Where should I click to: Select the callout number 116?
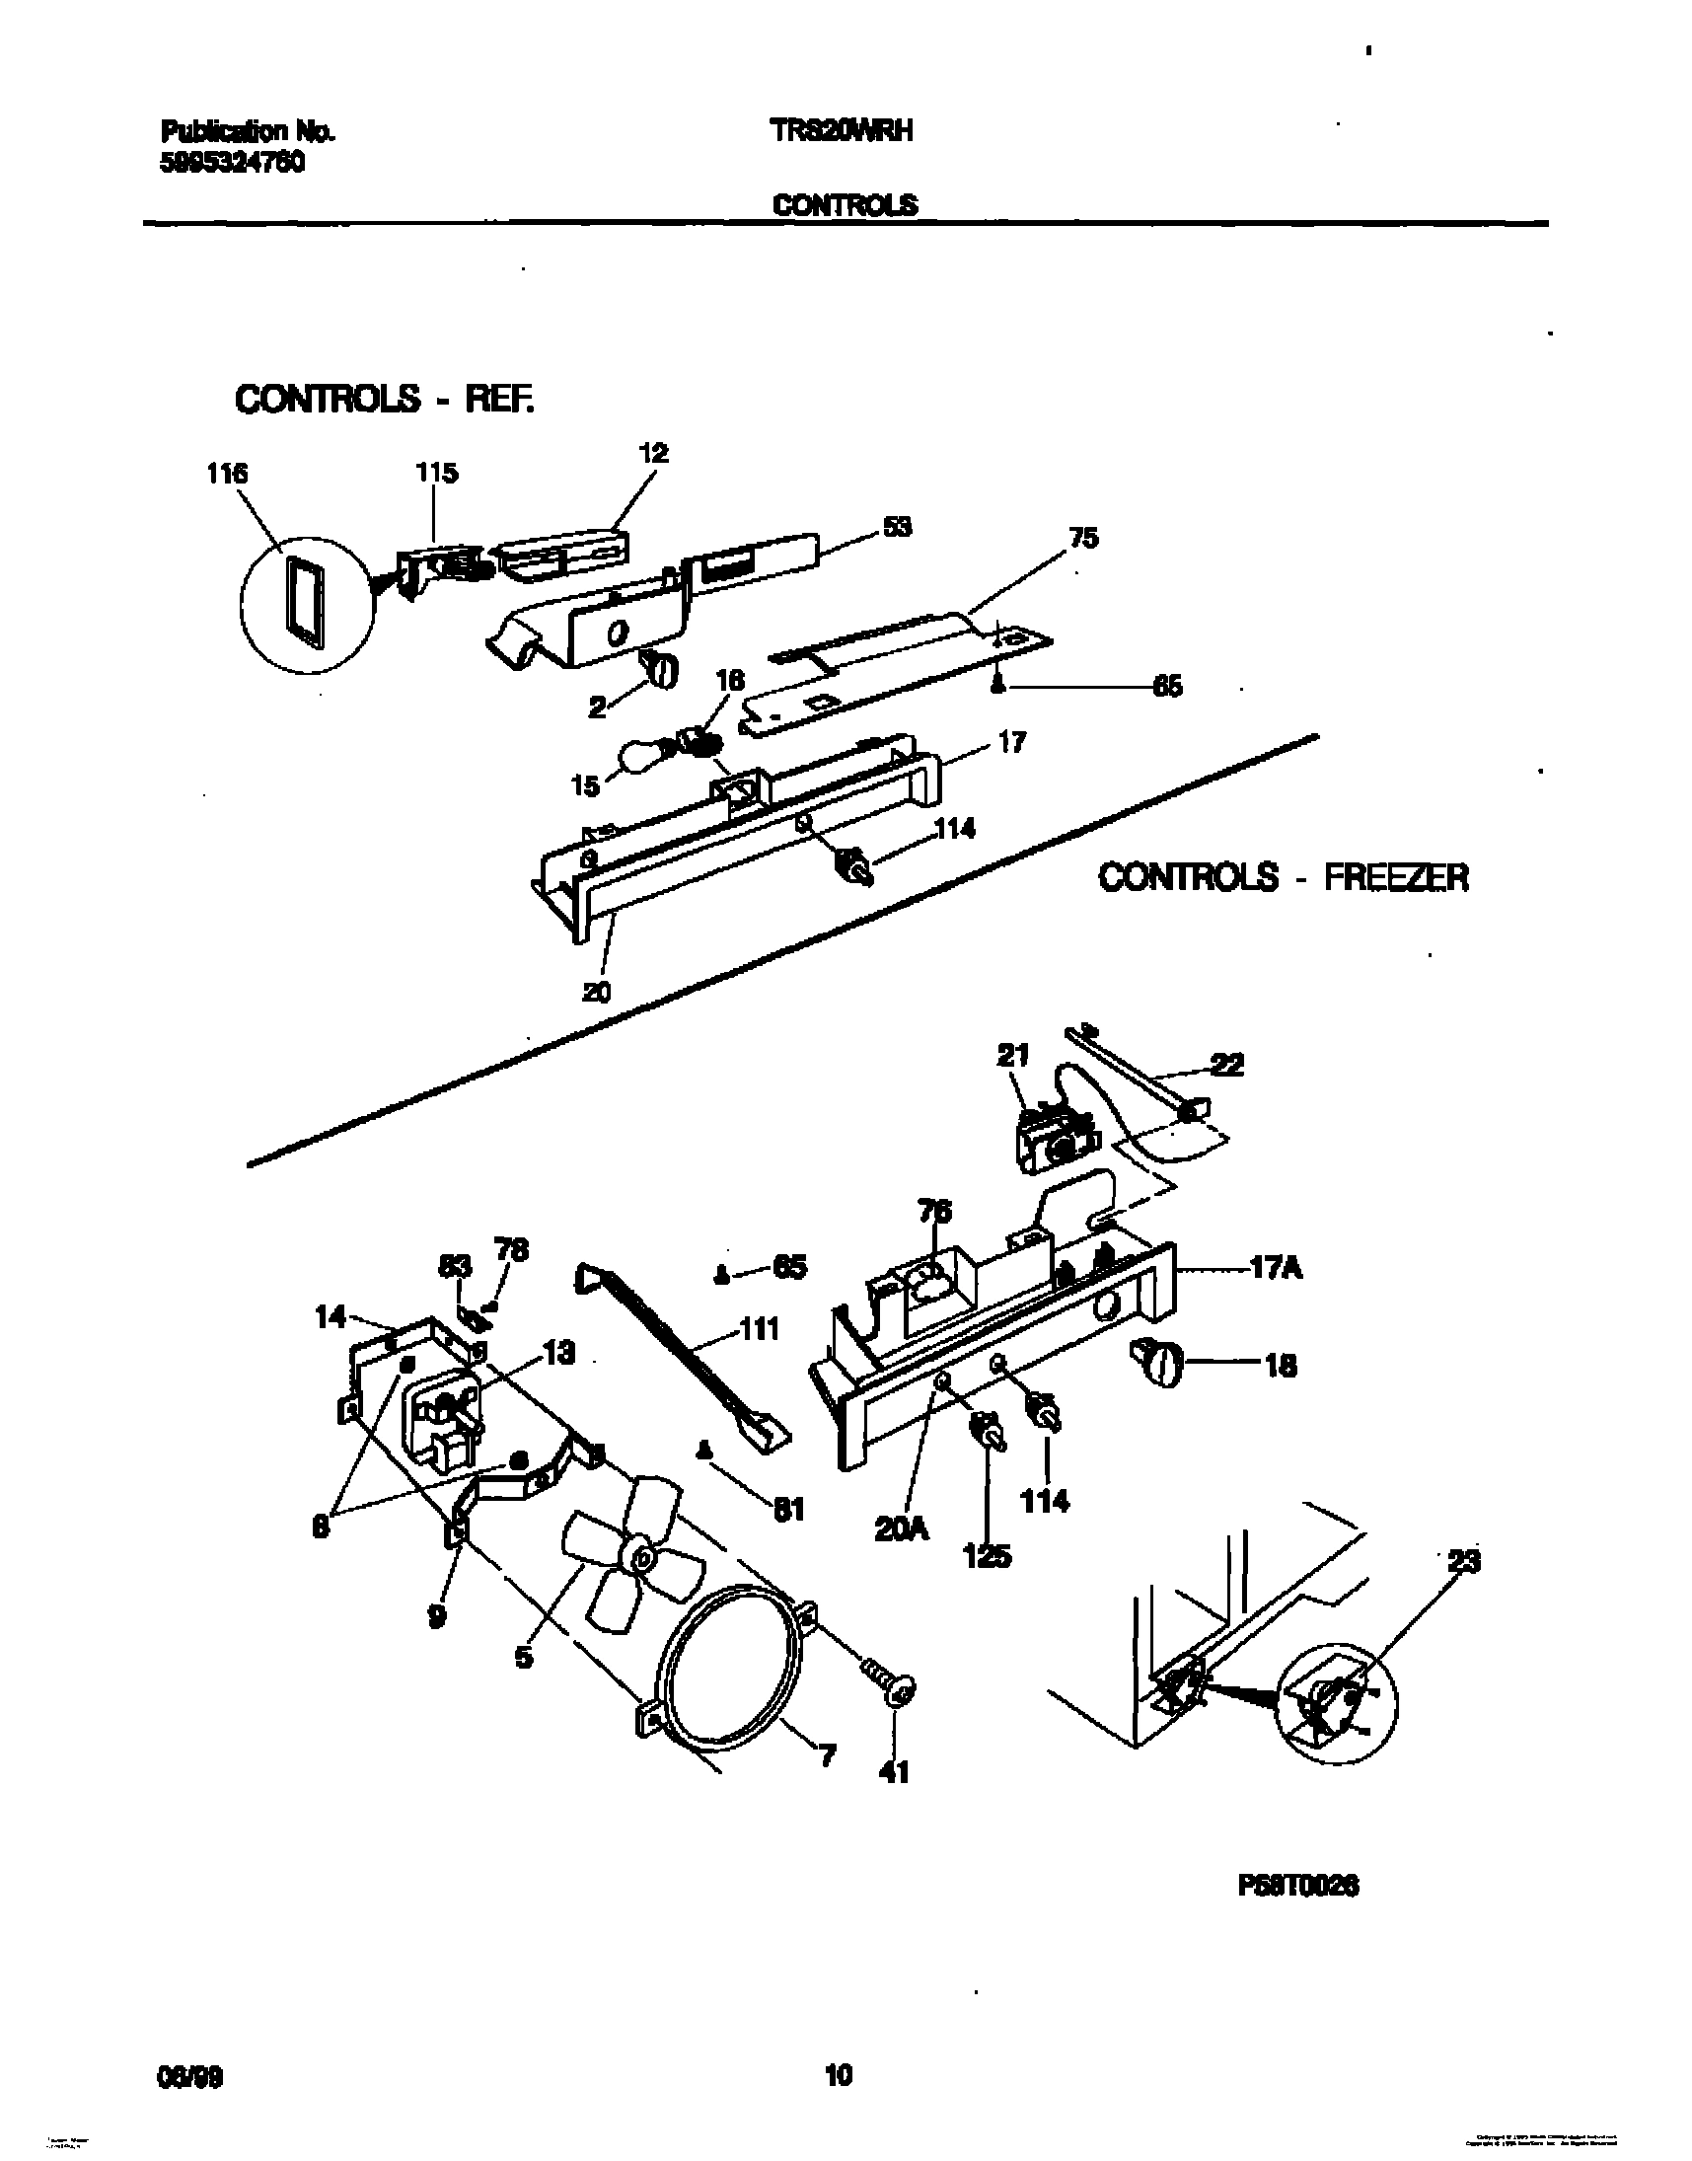tap(227, 474)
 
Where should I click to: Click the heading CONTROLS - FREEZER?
tap(1284, 877)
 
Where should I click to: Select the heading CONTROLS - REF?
tap(385, 400)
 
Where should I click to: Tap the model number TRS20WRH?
tap(841, 131)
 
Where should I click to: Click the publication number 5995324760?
tap(232, 164)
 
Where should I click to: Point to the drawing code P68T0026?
tap(1297, 1887)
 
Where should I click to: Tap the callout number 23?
tap(1464, 1563)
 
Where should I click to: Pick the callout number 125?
tap(988, 1556)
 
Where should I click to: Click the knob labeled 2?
tap(662, 671)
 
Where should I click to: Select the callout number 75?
tap(1082, 538)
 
